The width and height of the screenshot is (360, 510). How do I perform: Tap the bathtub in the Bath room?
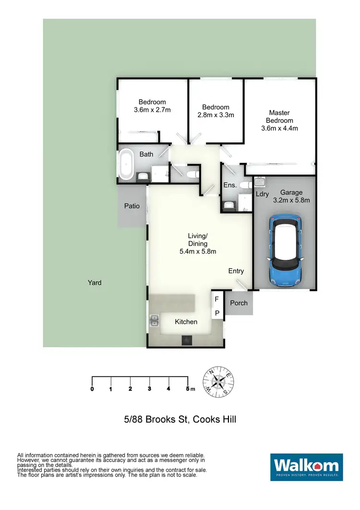pyautogui.click(x=126, y=165)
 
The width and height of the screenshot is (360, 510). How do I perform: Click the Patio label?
pyautogui.click(x=132, y=206)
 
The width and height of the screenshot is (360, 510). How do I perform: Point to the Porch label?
pyautogui.click(x=239, y=303)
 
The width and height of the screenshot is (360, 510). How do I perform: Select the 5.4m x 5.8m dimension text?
pyautogui.click(x=197, y=251)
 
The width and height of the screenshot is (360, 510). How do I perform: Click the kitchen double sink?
pyautogui.click(x=154, y=320)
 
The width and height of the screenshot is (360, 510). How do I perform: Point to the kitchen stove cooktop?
pyautogui.click(x=186, y=340)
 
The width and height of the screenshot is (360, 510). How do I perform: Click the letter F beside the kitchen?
pyautogui.click(x=216, y=300)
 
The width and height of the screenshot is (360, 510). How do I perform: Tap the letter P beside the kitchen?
pyautogui.click(x=217, y=313)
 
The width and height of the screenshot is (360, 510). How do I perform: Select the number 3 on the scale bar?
pyautogui.click(x=149, y=389)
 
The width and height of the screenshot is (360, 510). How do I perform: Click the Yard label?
pyautogui.click(x=95, y=283)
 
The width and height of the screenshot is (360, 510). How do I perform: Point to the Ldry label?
pyautogui.click(x=262, y=194)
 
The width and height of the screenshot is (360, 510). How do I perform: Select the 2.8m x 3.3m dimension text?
pyautogui.click(x=216, y=115)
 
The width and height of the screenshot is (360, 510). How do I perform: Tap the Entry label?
pyautogui.click(x=236, y=271)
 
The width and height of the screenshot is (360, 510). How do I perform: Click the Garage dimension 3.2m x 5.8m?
pyautogui.click(x=292, y=200)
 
